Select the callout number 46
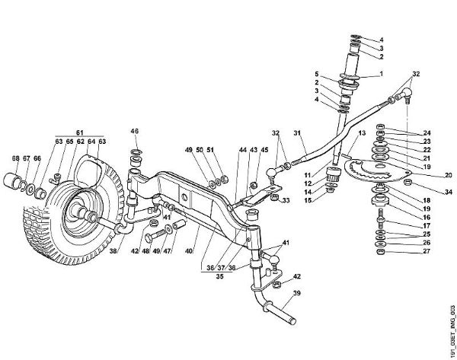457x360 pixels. (x=135, y=131)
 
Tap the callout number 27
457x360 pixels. (x=427, y=253)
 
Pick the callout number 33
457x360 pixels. (x=286, y=201)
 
